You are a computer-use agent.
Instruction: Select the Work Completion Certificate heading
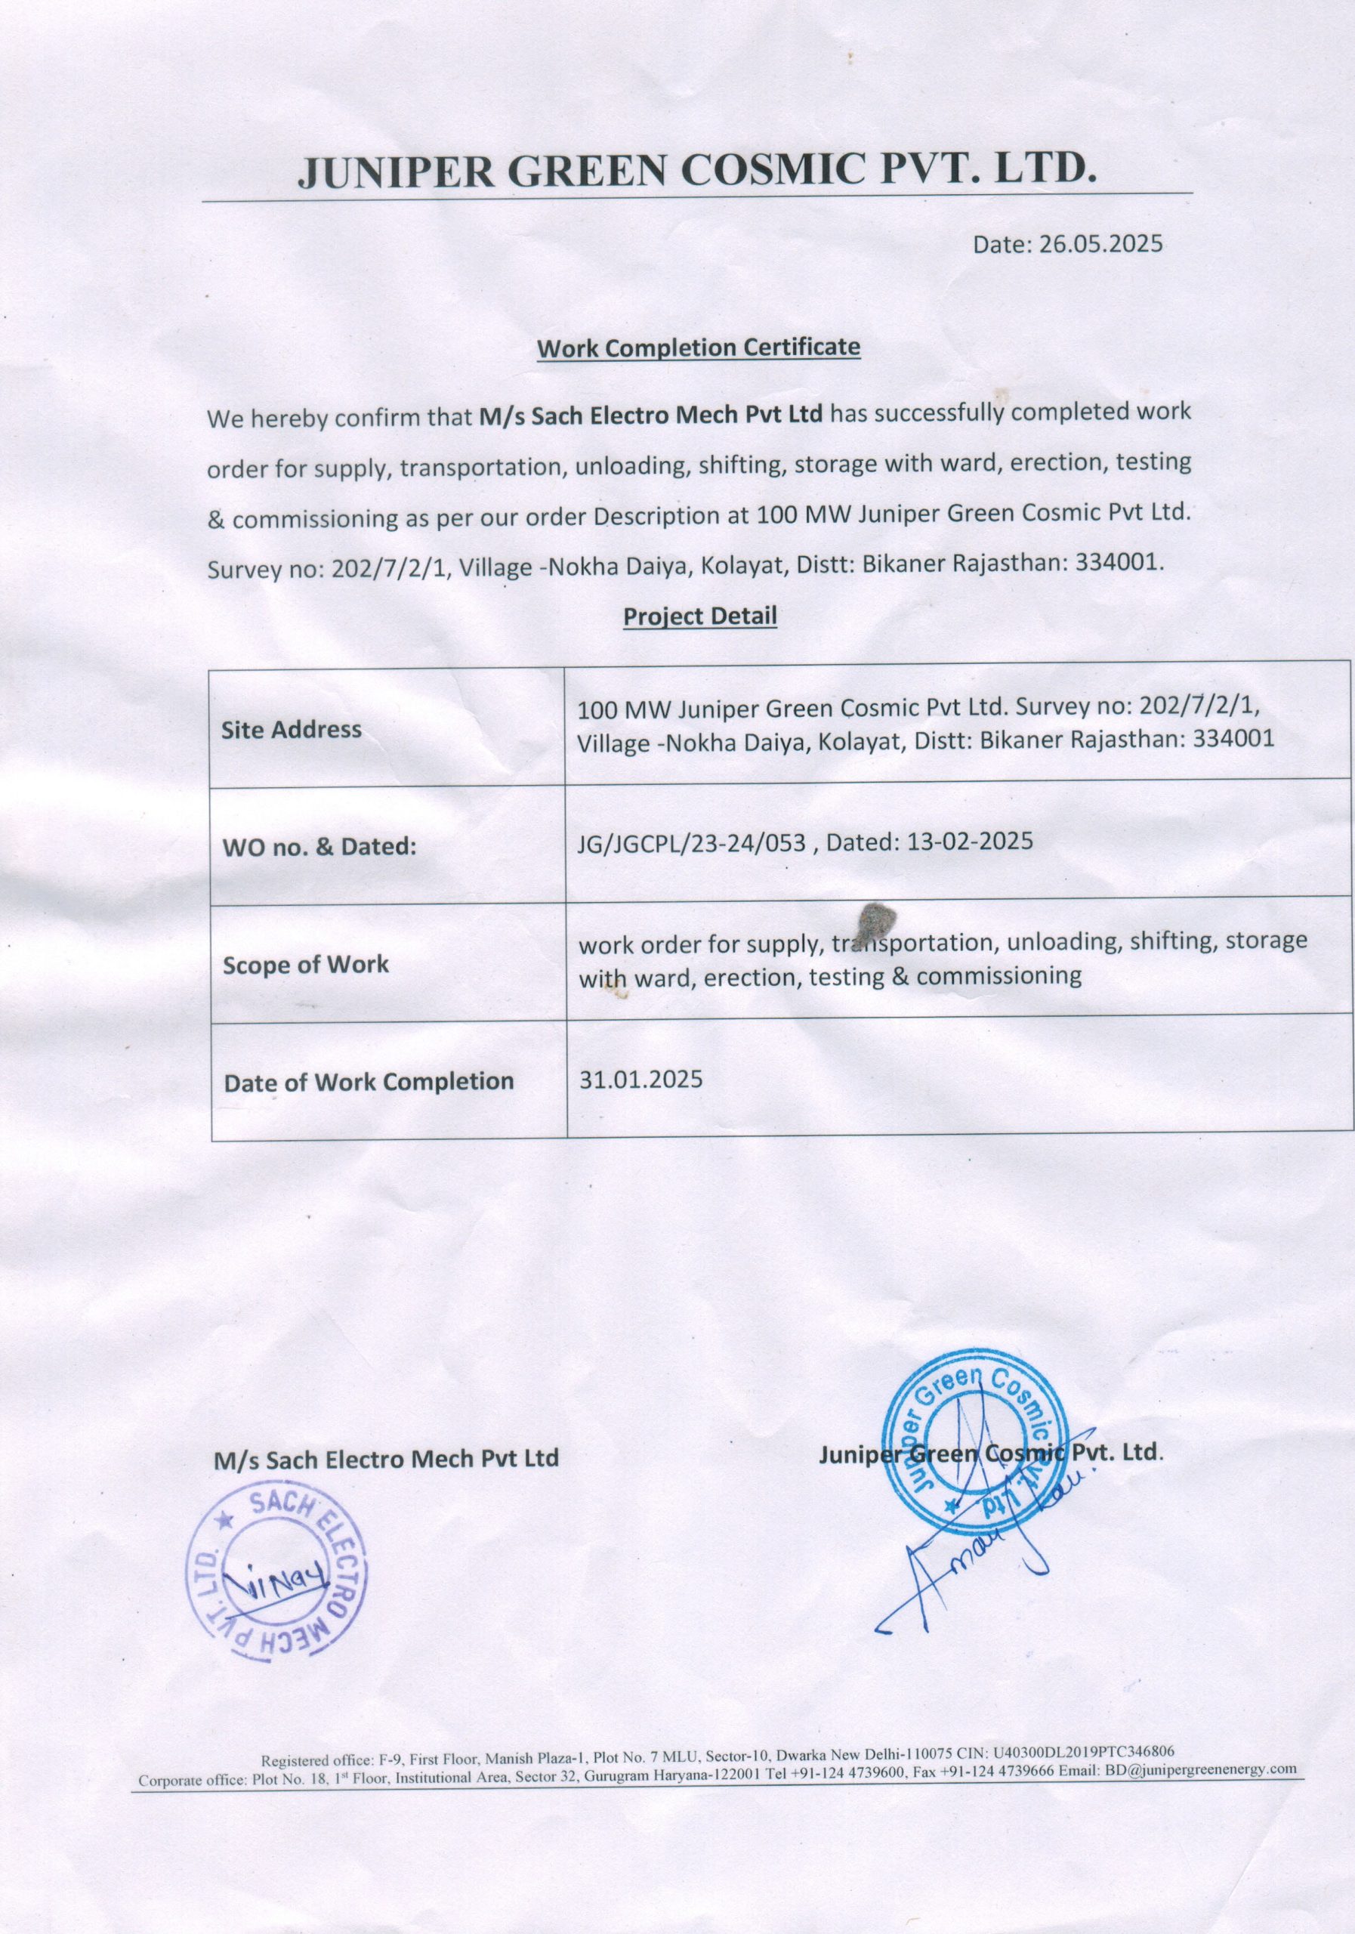698,348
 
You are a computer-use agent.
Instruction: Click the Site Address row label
292,730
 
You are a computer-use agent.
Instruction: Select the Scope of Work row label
305,965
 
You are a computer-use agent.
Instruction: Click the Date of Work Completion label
368,1082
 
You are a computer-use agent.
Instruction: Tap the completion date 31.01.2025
640,1079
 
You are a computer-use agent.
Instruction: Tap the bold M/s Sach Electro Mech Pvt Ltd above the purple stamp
386,1458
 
